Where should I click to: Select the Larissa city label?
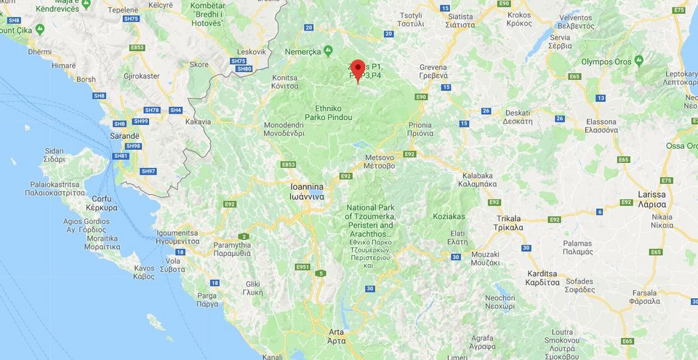(x=652, y=199)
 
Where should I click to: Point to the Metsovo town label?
(x=380, y=161)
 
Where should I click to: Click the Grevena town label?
(x=433, y=71)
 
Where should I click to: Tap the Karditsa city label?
(x=542, y=278)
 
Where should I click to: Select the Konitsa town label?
(x=285, y=81)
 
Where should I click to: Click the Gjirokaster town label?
(x=142, y=76)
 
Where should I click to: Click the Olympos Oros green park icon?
(x=638, y=60)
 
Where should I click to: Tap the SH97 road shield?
(x=148, y=171)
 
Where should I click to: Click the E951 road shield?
(x=302, y=267)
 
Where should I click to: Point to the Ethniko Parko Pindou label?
(x=334, y=113)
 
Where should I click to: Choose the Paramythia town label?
(x=232, y=249)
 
